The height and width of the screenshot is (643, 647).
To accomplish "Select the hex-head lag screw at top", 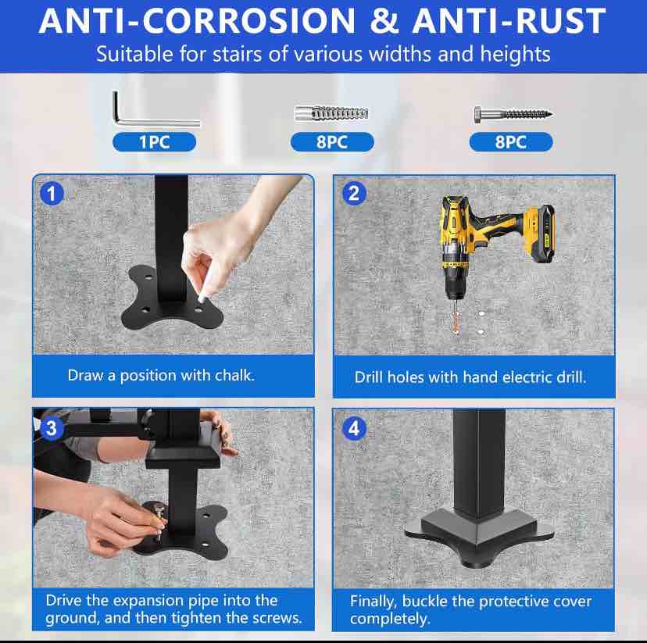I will click(x=512, y=114).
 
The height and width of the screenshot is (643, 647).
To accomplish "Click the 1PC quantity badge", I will click(x=154, y=142).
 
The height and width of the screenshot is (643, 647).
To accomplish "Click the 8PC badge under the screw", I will click(x=510, y=142).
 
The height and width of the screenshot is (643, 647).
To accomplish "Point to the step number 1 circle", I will click(x=52, y=193).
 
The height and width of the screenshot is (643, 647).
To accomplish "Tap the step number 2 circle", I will click(x=355, y=193).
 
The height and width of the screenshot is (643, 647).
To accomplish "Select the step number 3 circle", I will click(x=52, y=427).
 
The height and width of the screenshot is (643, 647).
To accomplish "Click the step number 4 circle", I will click(x=355, y=428).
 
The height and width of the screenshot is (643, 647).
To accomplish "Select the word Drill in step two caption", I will click(x=371, y=377).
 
